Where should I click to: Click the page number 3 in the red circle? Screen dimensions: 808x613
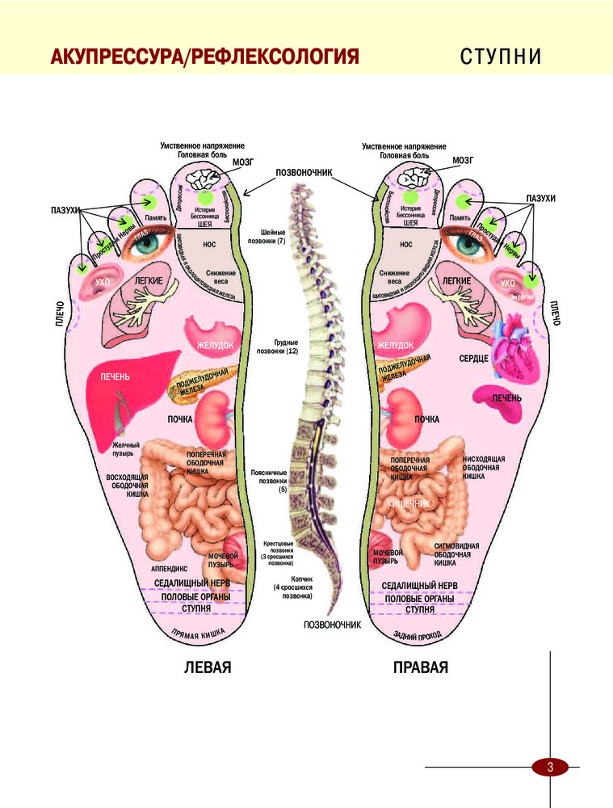click(x=549, y=767)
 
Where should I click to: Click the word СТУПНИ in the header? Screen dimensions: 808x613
click(x=500, y=57)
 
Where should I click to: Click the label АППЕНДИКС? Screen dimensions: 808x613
click(x=170, y=569)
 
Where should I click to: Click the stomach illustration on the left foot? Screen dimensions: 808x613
click(x=213, y=334)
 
